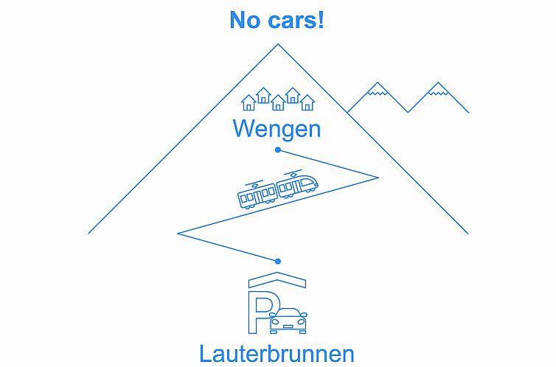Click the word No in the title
245,20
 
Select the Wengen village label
277,129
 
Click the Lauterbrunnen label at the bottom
277,354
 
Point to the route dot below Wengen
278,150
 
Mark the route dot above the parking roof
278,261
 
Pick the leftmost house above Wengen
249,102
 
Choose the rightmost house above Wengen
307,102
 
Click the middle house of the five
278,102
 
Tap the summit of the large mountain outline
278,45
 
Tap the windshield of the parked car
288,313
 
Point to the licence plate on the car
288,326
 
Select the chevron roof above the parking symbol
277,280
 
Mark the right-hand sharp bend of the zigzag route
378,177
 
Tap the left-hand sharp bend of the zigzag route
179,233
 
